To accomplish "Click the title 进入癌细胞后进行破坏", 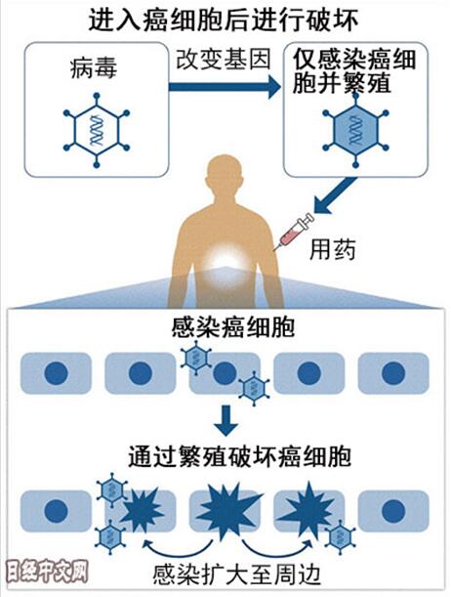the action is click(224, 20).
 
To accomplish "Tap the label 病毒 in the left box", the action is click(94, 68).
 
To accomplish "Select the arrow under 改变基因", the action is click(225, 87).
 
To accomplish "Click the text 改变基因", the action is click(224, 59).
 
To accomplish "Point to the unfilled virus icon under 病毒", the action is click(97, 130).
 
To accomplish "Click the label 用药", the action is click(333, 249).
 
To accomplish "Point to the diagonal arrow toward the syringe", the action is click(336, 195).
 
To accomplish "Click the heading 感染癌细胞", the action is click(232, 326).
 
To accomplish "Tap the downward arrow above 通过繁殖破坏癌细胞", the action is click(226, 420).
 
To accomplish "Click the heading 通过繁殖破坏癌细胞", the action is click(239, 456).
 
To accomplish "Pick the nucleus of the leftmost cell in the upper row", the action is click(56, 372).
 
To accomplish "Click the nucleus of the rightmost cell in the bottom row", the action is click(393, 511).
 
